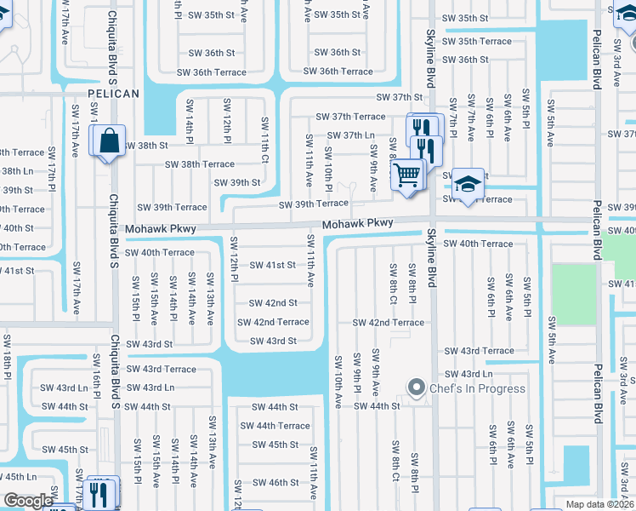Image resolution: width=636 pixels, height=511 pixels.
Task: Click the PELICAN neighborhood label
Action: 112,94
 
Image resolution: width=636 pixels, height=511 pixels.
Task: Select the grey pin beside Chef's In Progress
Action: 417,388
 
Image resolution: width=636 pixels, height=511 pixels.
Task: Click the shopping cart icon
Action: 408,175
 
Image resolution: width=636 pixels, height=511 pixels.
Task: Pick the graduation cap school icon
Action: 467,183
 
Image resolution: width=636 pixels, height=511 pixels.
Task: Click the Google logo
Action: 28,501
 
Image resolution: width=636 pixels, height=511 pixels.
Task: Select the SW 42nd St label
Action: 273,303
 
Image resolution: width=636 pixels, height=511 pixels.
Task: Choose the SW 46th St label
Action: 275,482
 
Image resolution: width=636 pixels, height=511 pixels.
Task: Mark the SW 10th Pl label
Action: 329,167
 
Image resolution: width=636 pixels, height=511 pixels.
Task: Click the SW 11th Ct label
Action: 264,141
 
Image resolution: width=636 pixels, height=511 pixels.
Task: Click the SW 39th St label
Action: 237,182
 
